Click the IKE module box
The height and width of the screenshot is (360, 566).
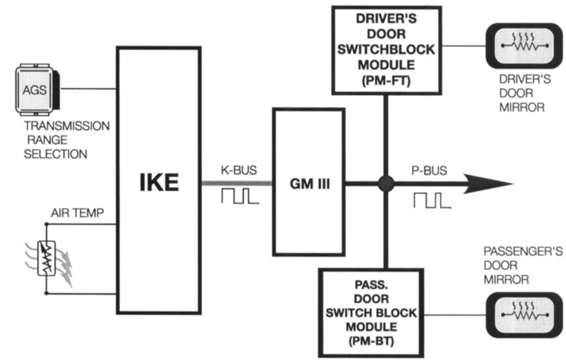tap(158, 180)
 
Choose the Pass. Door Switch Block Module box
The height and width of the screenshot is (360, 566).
tap(368, 312)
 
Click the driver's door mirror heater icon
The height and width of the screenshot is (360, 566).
tap(523, 46)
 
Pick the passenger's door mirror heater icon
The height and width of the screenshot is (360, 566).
tap(523, 314)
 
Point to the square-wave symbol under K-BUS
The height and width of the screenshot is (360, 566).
tap(237, 196)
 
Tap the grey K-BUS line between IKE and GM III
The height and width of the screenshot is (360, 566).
tap(237, 184)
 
